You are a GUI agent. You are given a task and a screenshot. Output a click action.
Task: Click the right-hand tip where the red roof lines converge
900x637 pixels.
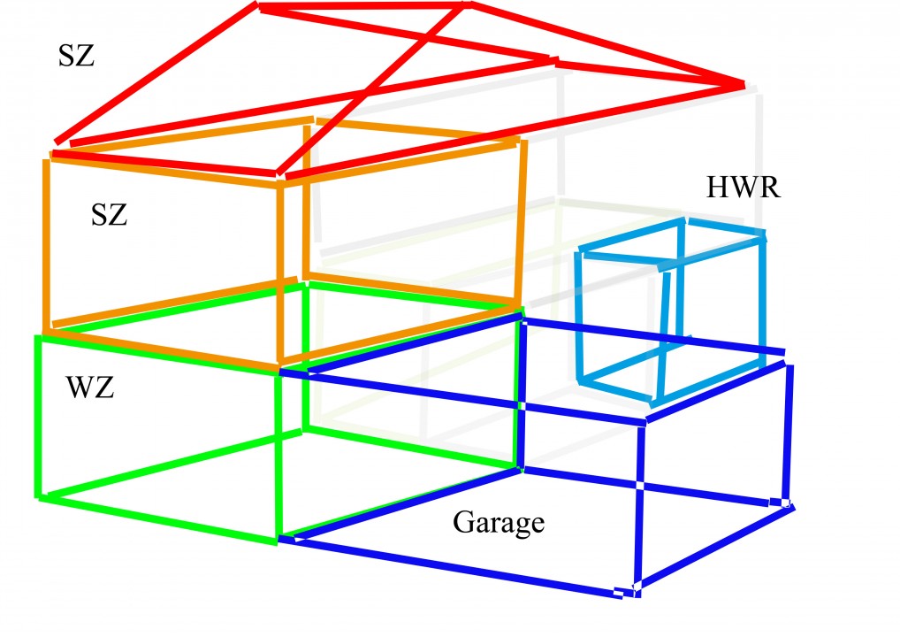pyautogui.click(x=744, y=86)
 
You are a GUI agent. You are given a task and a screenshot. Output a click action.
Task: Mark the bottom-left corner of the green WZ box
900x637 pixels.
pyautogui.click(x=39, y=497)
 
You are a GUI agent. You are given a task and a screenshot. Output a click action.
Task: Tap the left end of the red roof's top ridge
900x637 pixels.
pyautogui.click(x=259, y=7)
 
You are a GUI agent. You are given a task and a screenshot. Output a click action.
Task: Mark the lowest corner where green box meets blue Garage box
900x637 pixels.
pyautogui.click(x=279, y=539)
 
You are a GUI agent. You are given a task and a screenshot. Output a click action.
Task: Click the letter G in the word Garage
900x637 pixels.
pyautogui.click(x=464, y=522)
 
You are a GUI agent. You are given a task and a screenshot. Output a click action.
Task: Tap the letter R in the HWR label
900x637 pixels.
pyautogui.click(x=768, y=188)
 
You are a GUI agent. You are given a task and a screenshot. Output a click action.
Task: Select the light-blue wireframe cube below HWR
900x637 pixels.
pyautogui.click(x=670, y=311)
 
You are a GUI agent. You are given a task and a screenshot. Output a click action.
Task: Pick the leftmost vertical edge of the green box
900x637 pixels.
pyautogui.click(x=38, y=417)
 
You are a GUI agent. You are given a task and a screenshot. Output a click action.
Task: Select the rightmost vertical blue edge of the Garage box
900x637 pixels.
pyautogui.click(x=789, y=434)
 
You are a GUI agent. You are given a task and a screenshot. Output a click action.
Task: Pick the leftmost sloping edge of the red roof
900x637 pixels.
pyautogui.click(x=156, y=73)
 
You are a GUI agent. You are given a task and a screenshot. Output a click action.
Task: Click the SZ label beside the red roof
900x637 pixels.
pyautogui.click(x=76, y=57)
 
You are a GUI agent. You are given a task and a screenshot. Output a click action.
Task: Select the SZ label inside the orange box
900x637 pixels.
pyautogui.click(x=109, y=215)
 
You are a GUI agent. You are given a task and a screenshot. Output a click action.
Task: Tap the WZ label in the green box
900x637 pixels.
pyautogui.click(x=90, y=388)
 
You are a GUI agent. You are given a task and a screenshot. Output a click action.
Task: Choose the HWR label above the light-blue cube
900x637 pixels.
pyautogui.click(x=744, y=188)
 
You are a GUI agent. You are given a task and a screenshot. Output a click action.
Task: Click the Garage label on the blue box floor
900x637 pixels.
pyautogui.click(x=499, y=523)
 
